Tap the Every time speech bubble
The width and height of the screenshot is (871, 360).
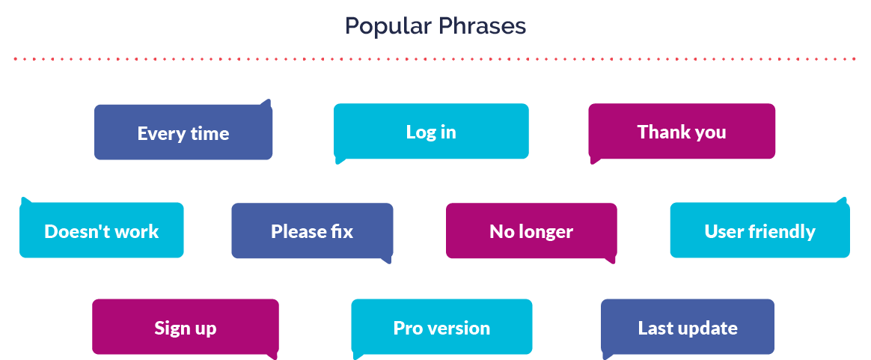183,132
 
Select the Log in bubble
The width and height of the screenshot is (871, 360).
431,132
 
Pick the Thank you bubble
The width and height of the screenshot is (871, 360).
682,132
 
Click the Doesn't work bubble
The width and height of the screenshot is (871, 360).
102,230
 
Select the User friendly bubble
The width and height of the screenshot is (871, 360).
760,230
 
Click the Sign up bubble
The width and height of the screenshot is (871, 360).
186,327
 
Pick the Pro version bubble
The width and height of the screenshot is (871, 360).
441,327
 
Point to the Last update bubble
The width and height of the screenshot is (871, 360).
688,327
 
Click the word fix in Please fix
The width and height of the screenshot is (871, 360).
343,231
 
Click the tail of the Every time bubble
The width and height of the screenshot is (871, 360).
266,103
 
